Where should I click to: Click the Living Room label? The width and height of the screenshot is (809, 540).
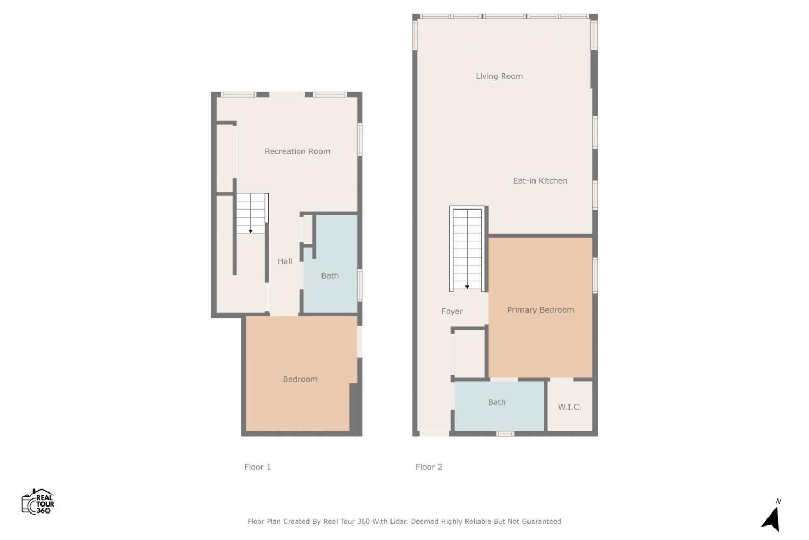tap(499, 76)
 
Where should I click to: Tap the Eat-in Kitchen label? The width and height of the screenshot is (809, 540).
tap(540, 180)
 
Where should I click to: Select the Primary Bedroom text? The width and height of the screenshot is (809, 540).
tap(540, 310)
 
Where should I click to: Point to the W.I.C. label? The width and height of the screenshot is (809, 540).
tap(570, 407)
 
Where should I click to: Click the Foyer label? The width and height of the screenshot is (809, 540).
tap(452, 312)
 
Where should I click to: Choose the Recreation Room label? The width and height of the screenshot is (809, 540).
tap(297, 151)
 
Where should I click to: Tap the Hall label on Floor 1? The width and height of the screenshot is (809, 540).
tap(285, 261)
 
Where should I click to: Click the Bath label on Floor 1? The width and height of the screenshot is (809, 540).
tap(330, 275)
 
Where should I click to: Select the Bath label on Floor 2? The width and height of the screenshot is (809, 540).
tap(497, 402)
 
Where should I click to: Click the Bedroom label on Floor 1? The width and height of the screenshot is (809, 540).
tap(300, 379)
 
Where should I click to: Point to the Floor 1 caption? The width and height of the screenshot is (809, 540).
tap(257, 467)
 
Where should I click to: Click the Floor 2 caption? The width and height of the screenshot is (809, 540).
tap(429, 467)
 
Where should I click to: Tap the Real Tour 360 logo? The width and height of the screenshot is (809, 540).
tap(38, 501)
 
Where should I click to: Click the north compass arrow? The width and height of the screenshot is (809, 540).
tap(771, 519)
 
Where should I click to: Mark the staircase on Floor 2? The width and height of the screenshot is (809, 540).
tap(467, 249)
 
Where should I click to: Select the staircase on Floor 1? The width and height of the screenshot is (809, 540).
tap(252, 213)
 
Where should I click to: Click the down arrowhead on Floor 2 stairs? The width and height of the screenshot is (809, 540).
tap(467, 287)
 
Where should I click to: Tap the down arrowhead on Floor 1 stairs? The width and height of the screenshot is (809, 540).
tap(251, 231)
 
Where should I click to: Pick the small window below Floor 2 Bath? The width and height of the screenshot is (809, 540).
tap(505, 434)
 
